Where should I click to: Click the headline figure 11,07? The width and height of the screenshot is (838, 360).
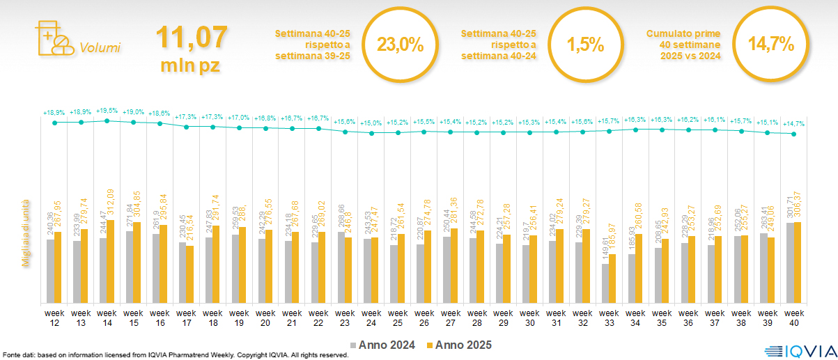[x=192, y=38]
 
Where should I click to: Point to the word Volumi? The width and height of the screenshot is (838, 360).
[x=100, y=48]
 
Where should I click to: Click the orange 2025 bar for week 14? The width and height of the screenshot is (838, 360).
[x=110, y=251]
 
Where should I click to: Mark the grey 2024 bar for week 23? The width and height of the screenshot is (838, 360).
[x=341, y=267]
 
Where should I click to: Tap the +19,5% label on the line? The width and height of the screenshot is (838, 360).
[x=107, y=111]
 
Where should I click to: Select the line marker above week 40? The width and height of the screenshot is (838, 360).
[x=793, y=134]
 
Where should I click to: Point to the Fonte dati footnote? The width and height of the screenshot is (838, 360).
[x=174, y=355]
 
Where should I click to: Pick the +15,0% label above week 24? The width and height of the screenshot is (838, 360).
[x=371, y=123]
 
